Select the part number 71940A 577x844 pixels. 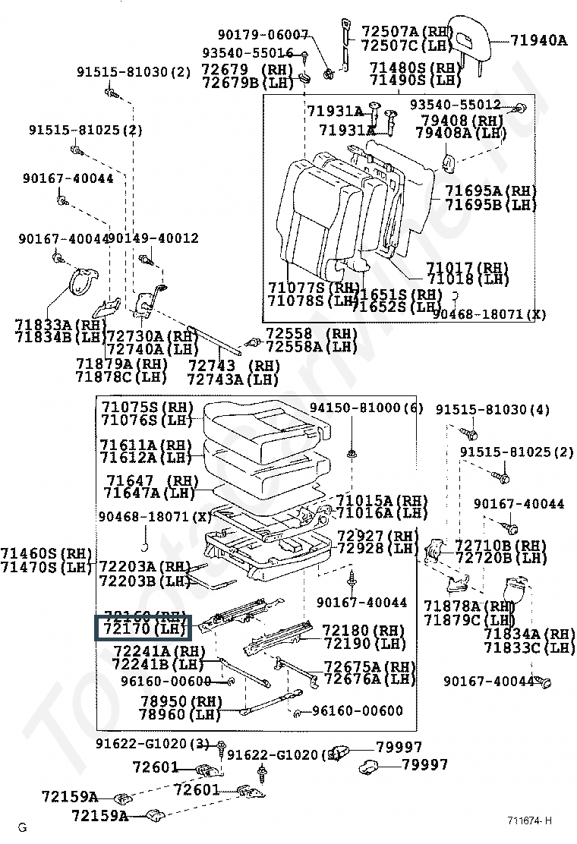[x=538, y=40]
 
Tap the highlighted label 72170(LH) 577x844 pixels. [x=143, y=628]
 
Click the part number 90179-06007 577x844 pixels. [x=263, y=34]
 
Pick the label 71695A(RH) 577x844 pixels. [x=490, y=191]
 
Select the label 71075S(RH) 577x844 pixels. [x=147, y=407]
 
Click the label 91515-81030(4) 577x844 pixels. [x=492, y=410]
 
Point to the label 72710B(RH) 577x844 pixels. [x=500, y=546]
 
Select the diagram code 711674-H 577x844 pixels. [x=530, y=820]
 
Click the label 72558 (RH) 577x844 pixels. [x=311, y=334]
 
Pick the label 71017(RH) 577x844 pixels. [x=466, y=268]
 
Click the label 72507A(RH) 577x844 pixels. [x=406, y=31]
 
